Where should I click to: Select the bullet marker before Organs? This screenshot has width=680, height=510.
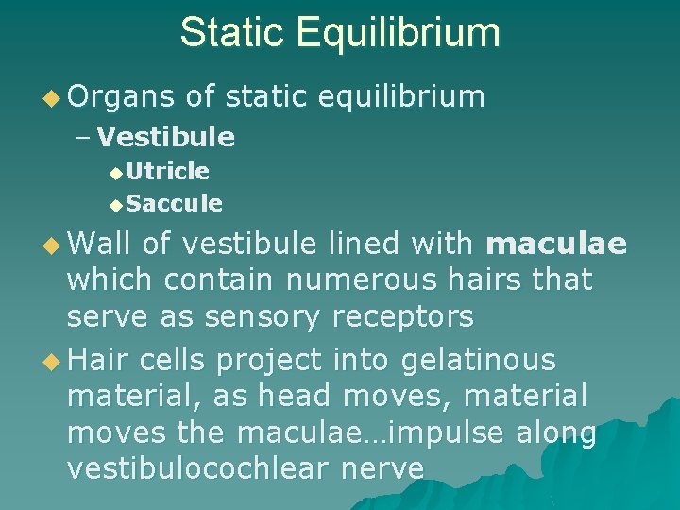click(54, 97)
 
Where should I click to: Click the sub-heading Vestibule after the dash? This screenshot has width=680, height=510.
click(166, 138)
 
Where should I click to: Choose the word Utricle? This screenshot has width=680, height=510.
click(168, 171)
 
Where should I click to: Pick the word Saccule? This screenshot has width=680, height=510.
click(174, 203)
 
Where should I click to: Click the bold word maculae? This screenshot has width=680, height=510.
click(555, 245)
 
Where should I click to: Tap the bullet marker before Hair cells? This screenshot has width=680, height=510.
click(54, 361)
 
